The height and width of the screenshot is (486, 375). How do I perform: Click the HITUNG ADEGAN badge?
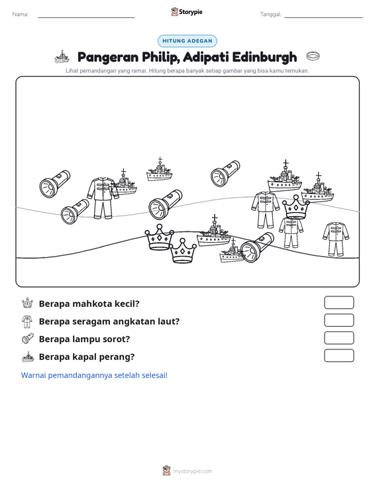(x=187, y=41)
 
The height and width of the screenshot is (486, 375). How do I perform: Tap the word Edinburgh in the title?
(x=264, y=57)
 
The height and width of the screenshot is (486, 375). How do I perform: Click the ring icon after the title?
(x=313, y=56)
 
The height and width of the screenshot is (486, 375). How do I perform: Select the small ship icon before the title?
(x=62, y=57)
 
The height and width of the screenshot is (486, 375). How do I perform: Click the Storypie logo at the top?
(x=187, y=12)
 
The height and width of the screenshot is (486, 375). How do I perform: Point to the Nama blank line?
(x=86, y=17)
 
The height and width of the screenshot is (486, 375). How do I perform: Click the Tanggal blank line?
(x=323, y=17)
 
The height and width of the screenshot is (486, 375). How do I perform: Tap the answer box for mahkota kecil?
(x=339, y=302)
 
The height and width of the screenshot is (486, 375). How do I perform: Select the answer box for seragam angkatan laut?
(x=339, y=320)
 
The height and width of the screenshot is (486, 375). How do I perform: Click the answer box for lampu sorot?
(x=339, y=338)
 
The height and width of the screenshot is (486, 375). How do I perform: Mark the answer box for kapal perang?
(x=339, y=355)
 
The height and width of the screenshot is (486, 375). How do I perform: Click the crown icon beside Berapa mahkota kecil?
(x=27, y=303)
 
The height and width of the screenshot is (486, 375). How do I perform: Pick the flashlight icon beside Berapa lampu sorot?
(x=28, y=338)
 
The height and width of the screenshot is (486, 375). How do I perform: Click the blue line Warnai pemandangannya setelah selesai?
(x=94, y=375)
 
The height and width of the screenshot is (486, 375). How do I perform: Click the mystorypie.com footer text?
(x=192, y=471)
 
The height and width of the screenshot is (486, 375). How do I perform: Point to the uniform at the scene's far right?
(x=336, y=239)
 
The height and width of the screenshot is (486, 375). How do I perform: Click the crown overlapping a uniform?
(x=296, y=207)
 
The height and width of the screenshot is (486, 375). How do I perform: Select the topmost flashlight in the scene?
(x=225, y=173)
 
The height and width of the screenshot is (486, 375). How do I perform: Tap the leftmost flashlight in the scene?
(x=54, y=184)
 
